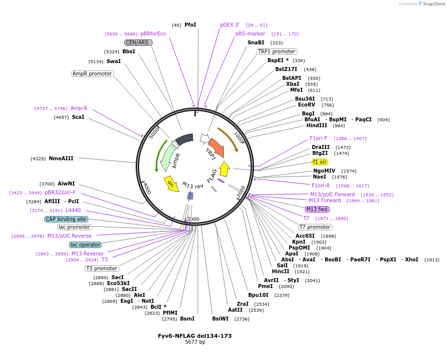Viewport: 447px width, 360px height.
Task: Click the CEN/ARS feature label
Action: pos(138,42)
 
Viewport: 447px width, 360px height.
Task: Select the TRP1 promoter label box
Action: pos(277,51)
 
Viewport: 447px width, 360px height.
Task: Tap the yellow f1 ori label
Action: pos(320,162)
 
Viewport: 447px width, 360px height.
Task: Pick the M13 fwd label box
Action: pos(317,209)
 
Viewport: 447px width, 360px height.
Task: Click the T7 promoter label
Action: pos(315,227)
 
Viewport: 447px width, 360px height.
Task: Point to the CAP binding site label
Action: pos(66,219)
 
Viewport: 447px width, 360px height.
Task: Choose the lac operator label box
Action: pos(85,245)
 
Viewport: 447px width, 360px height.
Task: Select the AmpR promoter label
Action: pos(92,73)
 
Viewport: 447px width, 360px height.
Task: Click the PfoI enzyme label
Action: pos(190,25)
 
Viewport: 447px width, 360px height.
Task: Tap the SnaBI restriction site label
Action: pos(256,42)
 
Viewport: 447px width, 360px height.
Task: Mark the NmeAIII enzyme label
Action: pos(61,158)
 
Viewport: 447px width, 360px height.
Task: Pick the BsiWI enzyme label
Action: pos(221,319)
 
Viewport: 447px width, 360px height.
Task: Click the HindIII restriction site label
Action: pos(317,125)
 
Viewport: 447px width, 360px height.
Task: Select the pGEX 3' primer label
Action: pos(230,25)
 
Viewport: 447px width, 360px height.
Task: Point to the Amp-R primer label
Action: pos(79,108)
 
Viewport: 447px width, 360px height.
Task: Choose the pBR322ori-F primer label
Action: pos(60,192)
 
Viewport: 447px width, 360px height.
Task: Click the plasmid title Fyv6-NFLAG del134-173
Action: pos(194,336)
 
